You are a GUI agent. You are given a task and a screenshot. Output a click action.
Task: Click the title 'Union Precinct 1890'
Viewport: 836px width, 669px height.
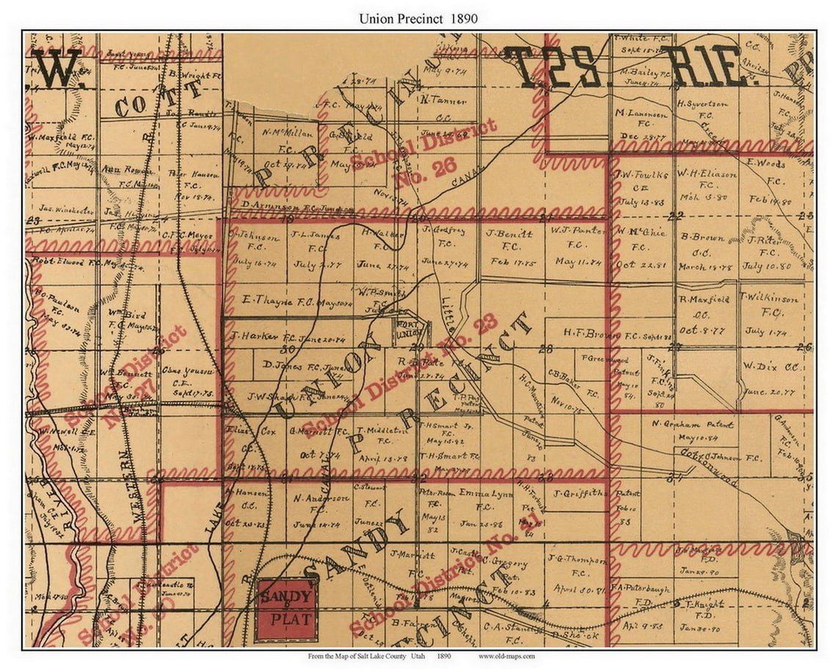[x=418, y=18]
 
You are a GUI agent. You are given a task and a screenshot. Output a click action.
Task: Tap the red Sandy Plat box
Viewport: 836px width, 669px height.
[x=287, y=609]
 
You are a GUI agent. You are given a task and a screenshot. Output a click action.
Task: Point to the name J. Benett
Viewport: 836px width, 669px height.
[x=510, y=234]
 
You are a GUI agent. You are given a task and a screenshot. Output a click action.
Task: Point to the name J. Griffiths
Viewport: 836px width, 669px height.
[x=579, y=493]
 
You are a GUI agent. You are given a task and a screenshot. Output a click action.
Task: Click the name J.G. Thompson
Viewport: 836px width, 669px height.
[x=576, y=560]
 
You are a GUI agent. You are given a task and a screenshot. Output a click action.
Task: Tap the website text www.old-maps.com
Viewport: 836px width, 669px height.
[x=507, y=656]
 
